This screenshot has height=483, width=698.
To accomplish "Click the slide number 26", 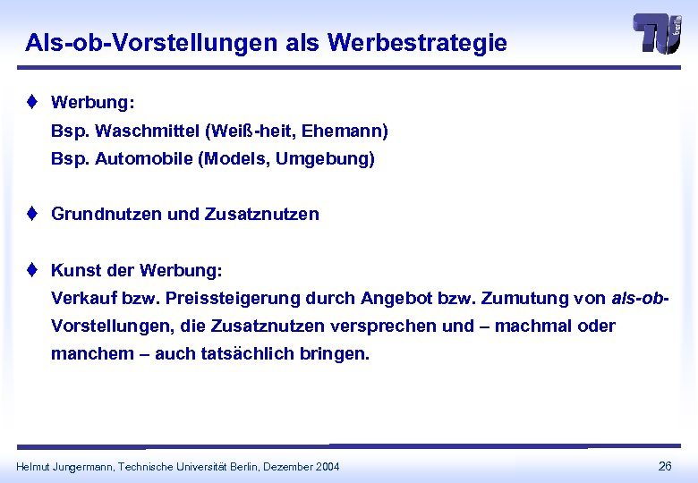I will [665, 465].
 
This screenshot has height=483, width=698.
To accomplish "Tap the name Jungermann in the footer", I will [80, 466].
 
